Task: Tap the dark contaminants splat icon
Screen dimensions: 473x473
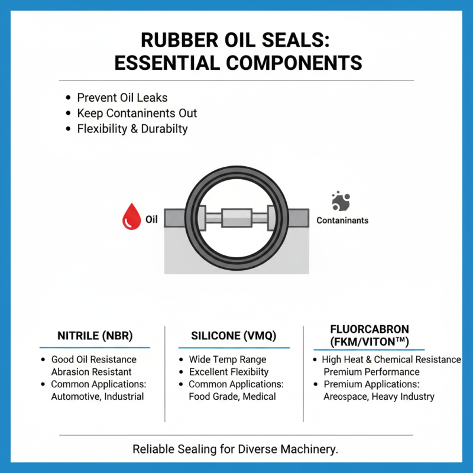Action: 339,202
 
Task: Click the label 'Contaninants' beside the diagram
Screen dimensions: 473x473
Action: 342,221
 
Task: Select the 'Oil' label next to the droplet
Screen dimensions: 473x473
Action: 152,219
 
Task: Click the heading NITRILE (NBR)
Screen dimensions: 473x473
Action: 95,336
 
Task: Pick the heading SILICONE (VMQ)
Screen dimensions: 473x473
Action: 234,336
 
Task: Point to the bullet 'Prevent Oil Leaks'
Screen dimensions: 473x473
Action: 122,98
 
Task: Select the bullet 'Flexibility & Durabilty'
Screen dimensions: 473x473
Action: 132,128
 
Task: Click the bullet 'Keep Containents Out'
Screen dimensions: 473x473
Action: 137,113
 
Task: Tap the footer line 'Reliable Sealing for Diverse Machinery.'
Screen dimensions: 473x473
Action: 235,449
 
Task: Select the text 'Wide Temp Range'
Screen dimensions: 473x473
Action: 228,359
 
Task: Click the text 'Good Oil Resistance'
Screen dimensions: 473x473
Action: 94,359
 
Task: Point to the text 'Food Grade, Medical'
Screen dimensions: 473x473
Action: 232,396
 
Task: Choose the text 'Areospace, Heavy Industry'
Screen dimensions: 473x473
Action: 379,396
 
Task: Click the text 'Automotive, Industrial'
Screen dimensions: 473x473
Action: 98,396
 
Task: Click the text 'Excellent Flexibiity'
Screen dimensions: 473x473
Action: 229,372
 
